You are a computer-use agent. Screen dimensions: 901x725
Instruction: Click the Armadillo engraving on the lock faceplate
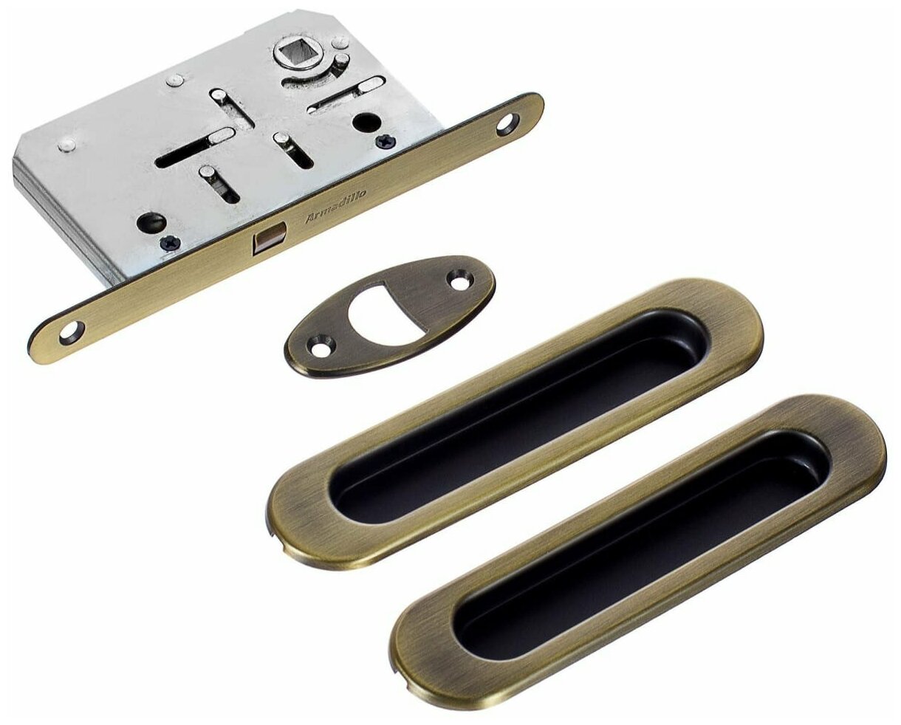pyautogui.click(x=336, y=205)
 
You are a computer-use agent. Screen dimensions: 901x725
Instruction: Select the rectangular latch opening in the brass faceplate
pyautogui.click(x=270, y=237)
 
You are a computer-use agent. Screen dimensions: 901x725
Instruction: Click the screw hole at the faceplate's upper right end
pyautogui.click(x=508, y=124)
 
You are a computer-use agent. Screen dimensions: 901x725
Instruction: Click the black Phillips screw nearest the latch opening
pyautogui.click(x=171, y=242)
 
